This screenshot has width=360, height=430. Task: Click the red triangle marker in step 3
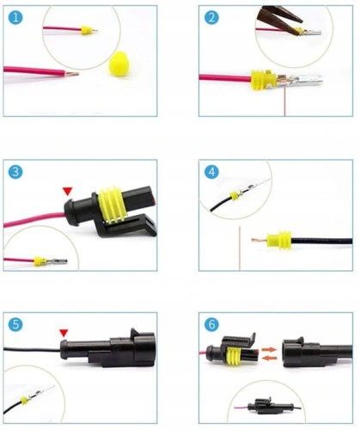(x=66, y=190)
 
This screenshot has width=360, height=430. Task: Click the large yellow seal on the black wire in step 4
(x=278, y=239)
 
